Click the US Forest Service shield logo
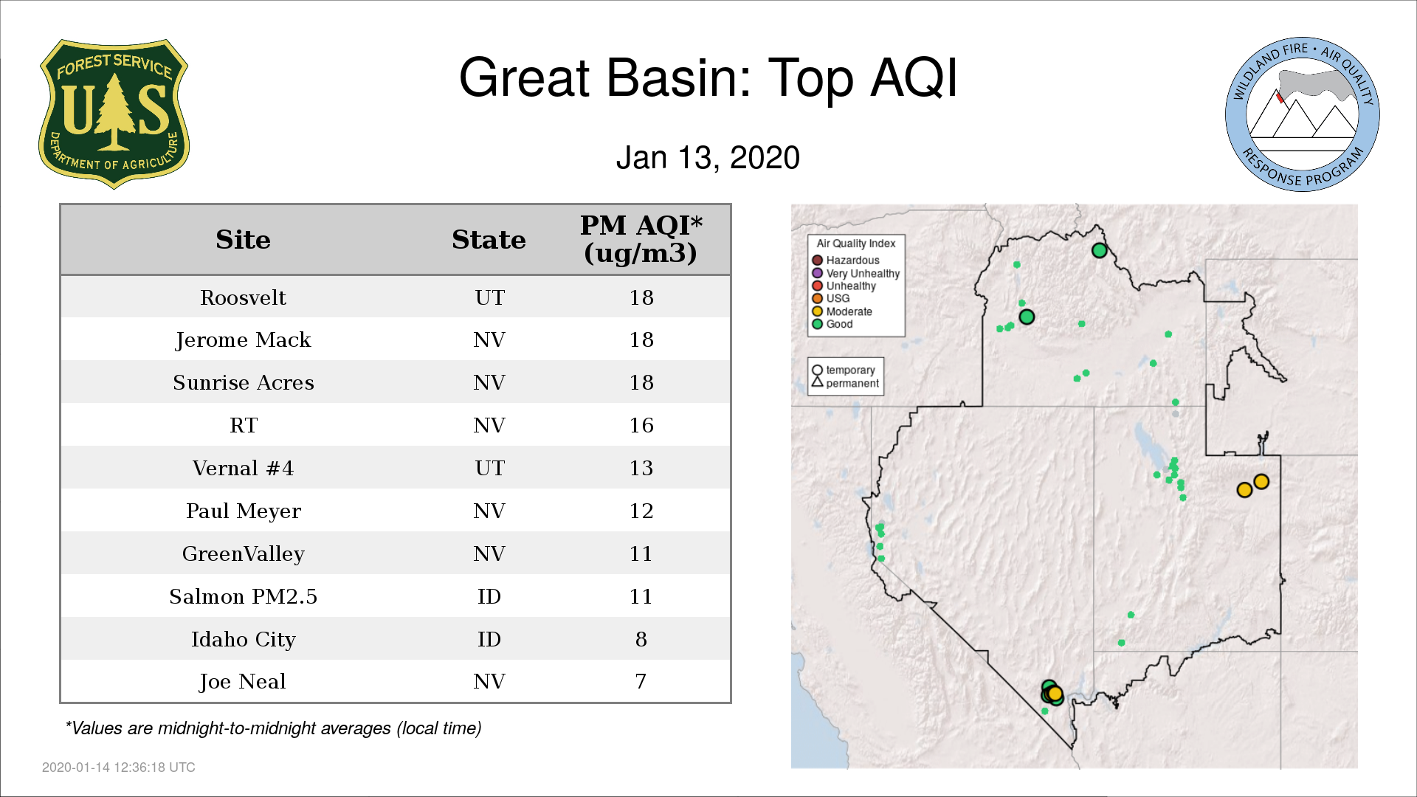pos(114,114)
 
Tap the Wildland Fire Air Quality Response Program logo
pos(1302,114)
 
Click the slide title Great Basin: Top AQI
pos(708,77)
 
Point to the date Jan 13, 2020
pos(708,158)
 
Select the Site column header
pos(243,240)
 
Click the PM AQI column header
pos(641,239)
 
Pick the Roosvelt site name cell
pos(243,297)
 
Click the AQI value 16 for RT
pos(641,425)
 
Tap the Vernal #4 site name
pos(243,468)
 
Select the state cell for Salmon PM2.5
pos(489,596)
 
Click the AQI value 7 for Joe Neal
pos(641,681)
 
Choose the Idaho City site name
pos(243,639)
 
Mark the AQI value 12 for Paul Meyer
pos(641,511)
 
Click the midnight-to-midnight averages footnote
pos(273,728)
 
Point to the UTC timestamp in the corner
pos(119,767)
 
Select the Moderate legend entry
pos(842,311)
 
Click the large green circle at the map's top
pos(1099,251)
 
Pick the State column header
pos(489,240)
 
